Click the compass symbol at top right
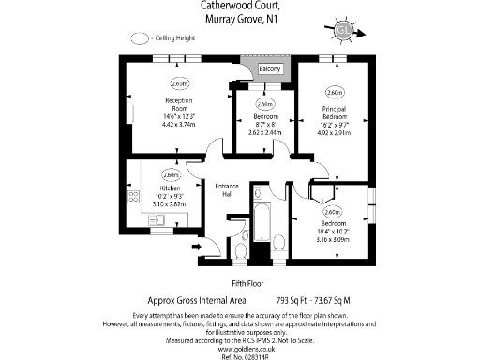pyautogui.click(x=343, y=30)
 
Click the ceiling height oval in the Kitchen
pyautogui.click(x=171, y=174)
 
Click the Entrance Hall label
pyautogui.click(x=228, y=190)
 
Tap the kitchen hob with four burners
pyautogui.click(x=134, y=198)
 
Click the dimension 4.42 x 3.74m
pyautogui.click(x=178, y=124)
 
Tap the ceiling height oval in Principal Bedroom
pyautogui.click(x=334, y=93)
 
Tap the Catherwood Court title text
pyautogui.click(x=240, y=6)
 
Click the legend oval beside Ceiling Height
pyautogui.click(x=141, y=39)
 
